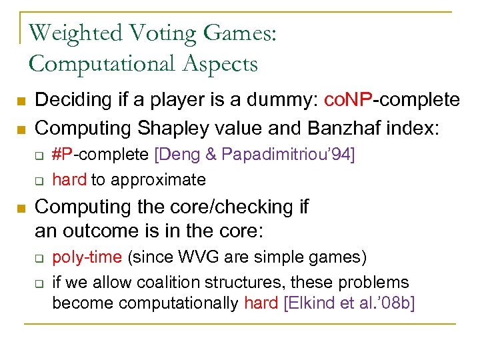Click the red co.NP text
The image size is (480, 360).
click(x=347, y=100)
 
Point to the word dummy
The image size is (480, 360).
click(x=278, y=101)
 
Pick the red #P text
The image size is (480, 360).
click(x=63, y=155)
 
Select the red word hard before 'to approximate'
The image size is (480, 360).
click(x=69, y=179)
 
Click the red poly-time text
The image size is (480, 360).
click(x=87, y=257)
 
